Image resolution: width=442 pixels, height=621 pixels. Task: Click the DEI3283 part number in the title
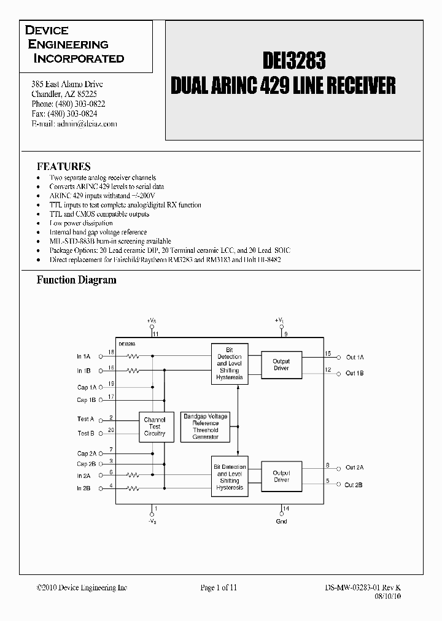click(x=294, y=60)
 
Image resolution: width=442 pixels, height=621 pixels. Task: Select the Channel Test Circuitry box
click(x=155, y=426)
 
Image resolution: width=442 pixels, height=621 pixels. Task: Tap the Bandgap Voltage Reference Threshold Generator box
click(x=206, y=426)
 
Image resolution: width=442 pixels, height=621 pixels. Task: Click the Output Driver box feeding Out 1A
click(x=281, y=364)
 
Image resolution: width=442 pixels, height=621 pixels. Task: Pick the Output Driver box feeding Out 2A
click(x=281, y=476)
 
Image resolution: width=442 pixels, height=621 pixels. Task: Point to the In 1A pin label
click(x=83, y=357)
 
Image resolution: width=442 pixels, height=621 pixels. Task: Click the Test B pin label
click(x=85, y=433)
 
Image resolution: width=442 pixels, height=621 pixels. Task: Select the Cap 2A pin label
click(x=86, y=453)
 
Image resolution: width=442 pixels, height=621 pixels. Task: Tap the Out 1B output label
click(x=354, y=373)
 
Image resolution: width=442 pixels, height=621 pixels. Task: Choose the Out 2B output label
click(x=354, y=485)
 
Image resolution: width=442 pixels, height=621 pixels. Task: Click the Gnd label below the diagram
click(x=282, y=522)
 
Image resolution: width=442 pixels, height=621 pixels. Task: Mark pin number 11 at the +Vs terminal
click(x=156, y=334)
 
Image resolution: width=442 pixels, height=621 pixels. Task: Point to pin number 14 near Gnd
click(x=285, y=509)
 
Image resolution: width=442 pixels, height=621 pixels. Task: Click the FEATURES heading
click(x=64, y=166)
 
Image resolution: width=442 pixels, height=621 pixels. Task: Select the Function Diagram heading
click(x=76, y=280)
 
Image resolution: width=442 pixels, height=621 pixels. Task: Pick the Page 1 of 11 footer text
click(x=219, y=587)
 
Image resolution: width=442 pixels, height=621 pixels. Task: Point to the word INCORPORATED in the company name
click(x=79, y=59)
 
